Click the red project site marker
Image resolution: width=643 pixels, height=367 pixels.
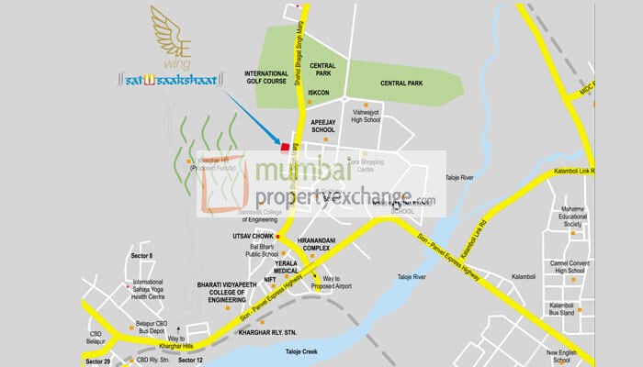(285, 147)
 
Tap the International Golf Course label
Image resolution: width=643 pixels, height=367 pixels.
(266, 78)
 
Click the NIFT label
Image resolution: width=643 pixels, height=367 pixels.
(271, 280)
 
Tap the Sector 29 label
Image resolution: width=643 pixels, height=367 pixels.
(98, 361)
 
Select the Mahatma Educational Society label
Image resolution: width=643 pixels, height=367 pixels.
(586, 217)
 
